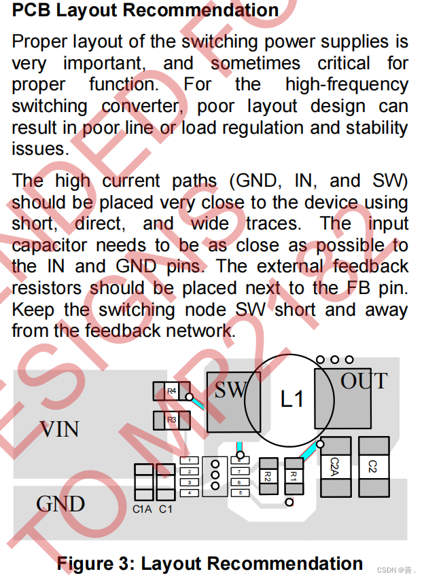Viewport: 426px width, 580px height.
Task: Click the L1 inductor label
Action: point(292,399)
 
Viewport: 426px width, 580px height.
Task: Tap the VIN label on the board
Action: point(59,429)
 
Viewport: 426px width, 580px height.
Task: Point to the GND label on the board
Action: point(60,504)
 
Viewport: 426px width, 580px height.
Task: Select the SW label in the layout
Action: point(230,391)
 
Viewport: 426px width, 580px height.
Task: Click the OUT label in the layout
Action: point(364,382)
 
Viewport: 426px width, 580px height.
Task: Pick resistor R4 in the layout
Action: point(171,391)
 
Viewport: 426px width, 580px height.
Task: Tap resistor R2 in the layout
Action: point(268,475)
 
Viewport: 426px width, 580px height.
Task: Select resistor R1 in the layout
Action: point(294,475)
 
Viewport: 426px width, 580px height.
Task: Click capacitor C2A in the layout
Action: point(334,467)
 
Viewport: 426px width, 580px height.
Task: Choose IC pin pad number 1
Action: point(190,461)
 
